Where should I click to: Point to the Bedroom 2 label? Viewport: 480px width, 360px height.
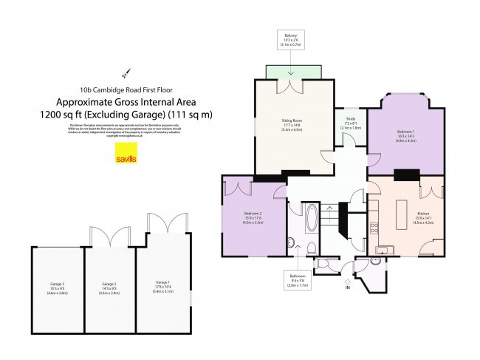click(253, 217)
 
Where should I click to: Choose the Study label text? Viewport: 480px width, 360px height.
click(350, 125)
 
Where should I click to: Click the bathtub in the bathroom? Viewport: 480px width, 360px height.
click(311, 219)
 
